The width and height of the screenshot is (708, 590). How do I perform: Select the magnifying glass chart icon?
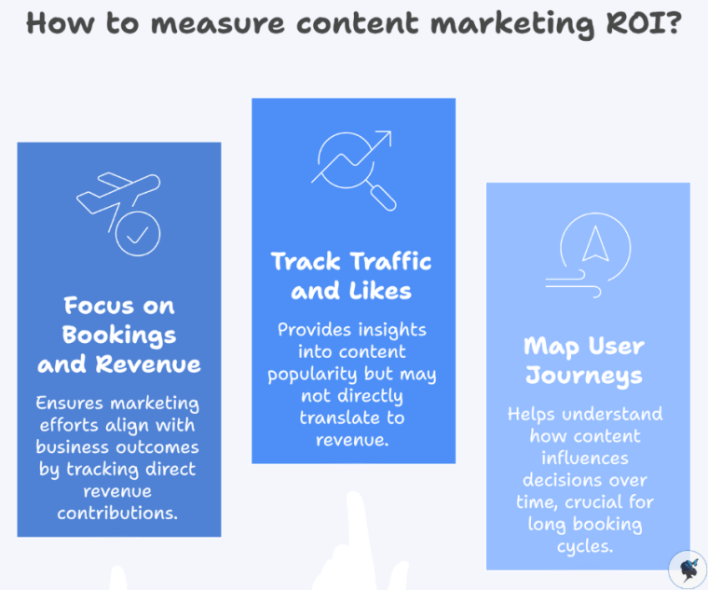point(353,169)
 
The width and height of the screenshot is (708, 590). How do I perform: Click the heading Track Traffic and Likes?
point(352,275)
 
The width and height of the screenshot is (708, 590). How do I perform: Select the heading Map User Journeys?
point(584,361)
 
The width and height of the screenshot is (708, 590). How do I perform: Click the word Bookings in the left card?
point(118,334)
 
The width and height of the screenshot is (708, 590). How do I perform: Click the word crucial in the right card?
point(605,501)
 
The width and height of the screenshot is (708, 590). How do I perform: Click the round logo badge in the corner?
point(688,569)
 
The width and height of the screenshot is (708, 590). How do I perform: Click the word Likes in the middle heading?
point(380,290)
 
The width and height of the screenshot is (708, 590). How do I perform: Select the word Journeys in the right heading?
point(584,376)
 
